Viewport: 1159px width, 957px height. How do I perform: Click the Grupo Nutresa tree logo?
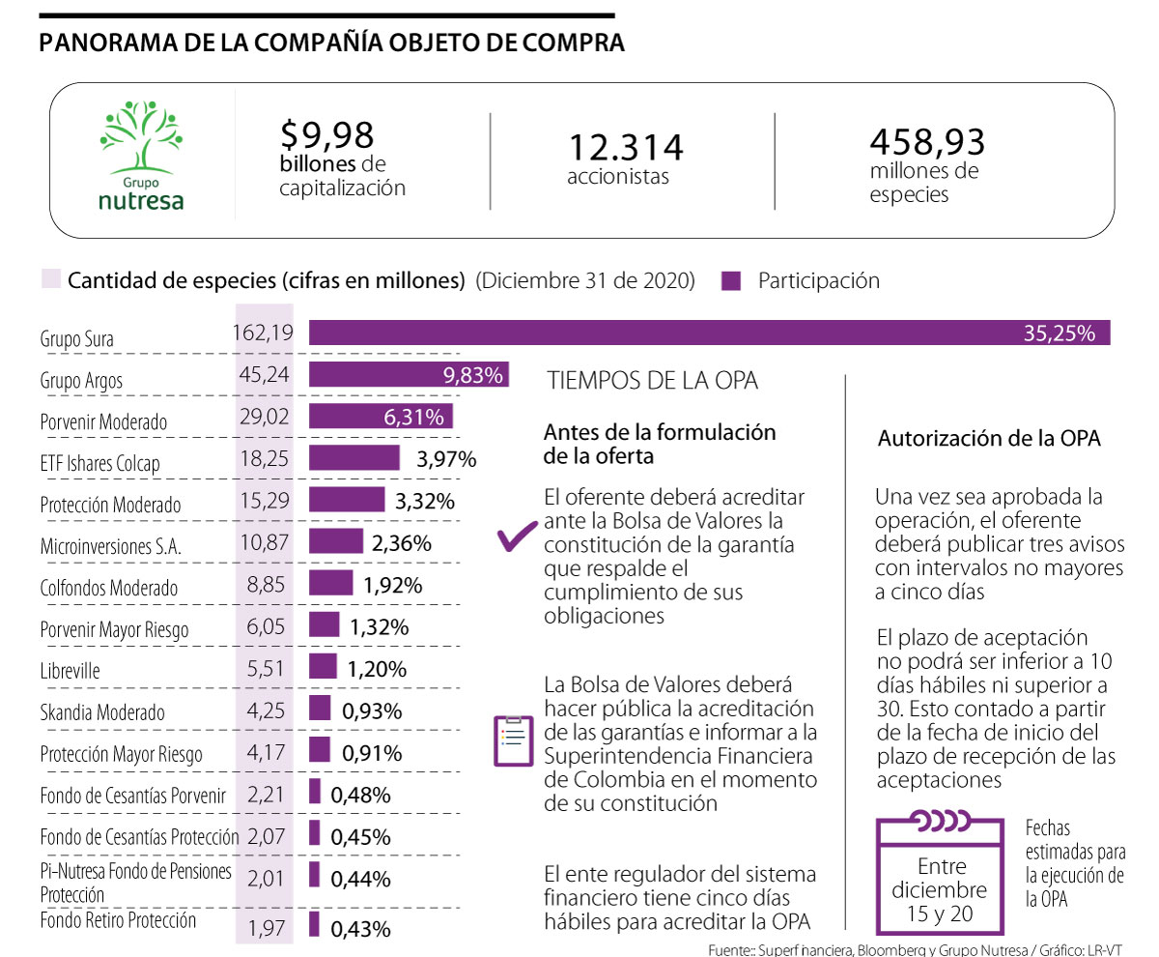[x=141, y=155]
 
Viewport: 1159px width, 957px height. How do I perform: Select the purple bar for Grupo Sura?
[x=709, y=333]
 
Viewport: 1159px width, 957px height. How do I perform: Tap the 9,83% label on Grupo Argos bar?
[x=473, y=376]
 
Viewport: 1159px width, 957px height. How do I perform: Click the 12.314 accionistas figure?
[x=625, y=148]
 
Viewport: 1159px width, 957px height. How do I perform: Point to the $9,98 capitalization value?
[x=325, y=134]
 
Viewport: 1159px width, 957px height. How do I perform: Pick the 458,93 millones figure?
[x=927, y=142]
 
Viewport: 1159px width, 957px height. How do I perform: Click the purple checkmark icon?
[x=516, y=537]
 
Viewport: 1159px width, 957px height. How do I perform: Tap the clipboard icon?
[x=513, y=740]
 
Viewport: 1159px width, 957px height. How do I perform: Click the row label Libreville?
[x=71, y=671]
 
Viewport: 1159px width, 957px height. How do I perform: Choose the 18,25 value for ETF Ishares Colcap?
[x=265, y=458]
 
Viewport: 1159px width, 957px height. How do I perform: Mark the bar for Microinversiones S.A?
[x=336, y=541]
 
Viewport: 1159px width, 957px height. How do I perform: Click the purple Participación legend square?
[x=732, y=281]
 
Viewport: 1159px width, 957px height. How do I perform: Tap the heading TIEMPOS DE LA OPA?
[x=653, y=381]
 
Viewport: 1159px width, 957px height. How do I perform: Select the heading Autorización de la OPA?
[x=989, y=438]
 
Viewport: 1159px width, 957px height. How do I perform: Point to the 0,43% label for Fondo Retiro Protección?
[x=360, y=929]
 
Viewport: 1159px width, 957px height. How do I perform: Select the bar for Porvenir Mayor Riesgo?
[x=324, y=624]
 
